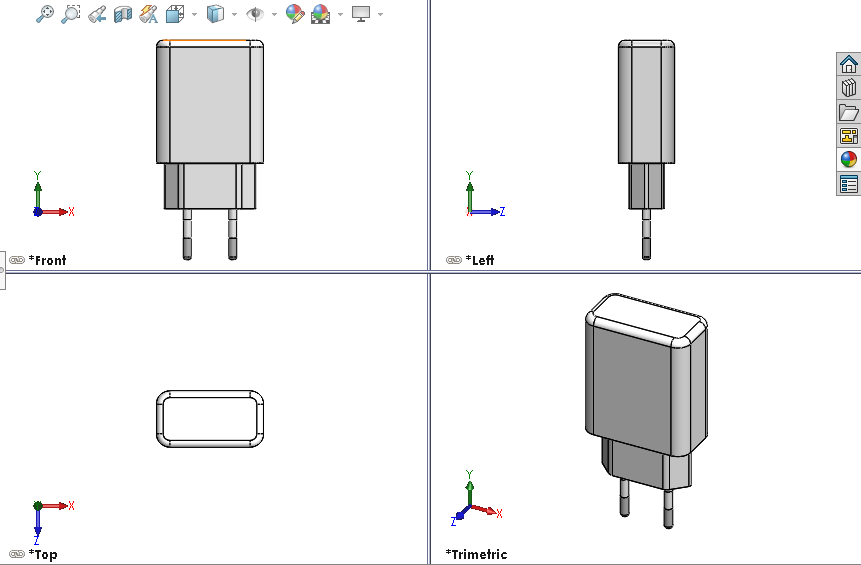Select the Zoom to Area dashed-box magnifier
pyautogui.click(x=71, y=14)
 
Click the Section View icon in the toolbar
pyautogui.click(x=123, y=14)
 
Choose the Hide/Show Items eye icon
pyautogui.click(x=256, y=14)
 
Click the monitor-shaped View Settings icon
pyautogui.click(x=361, y=14)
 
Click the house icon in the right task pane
pyautogui.click(x=848, y=64)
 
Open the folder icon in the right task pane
pyautogui.click(x=848, y=112)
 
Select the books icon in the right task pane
pyautogui.click(x=848, y=88)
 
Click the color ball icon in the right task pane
pyautogui.click(x=848, y=160)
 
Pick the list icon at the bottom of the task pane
pyautogui.click(x=848, y=184)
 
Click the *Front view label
pyautogui.click(x=48, y=260)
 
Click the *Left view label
pyautogui.click(x=482, y=260)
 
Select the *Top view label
pyautogui.click(x=43, y=554)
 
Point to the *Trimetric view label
pyautogui.click(x=476, y=554)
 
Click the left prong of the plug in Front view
pyautogui.click(x=187, y=234)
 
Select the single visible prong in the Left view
pyautogui.click(x=646, y=234)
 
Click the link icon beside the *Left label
pyautogui.click(x=453, y=260)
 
